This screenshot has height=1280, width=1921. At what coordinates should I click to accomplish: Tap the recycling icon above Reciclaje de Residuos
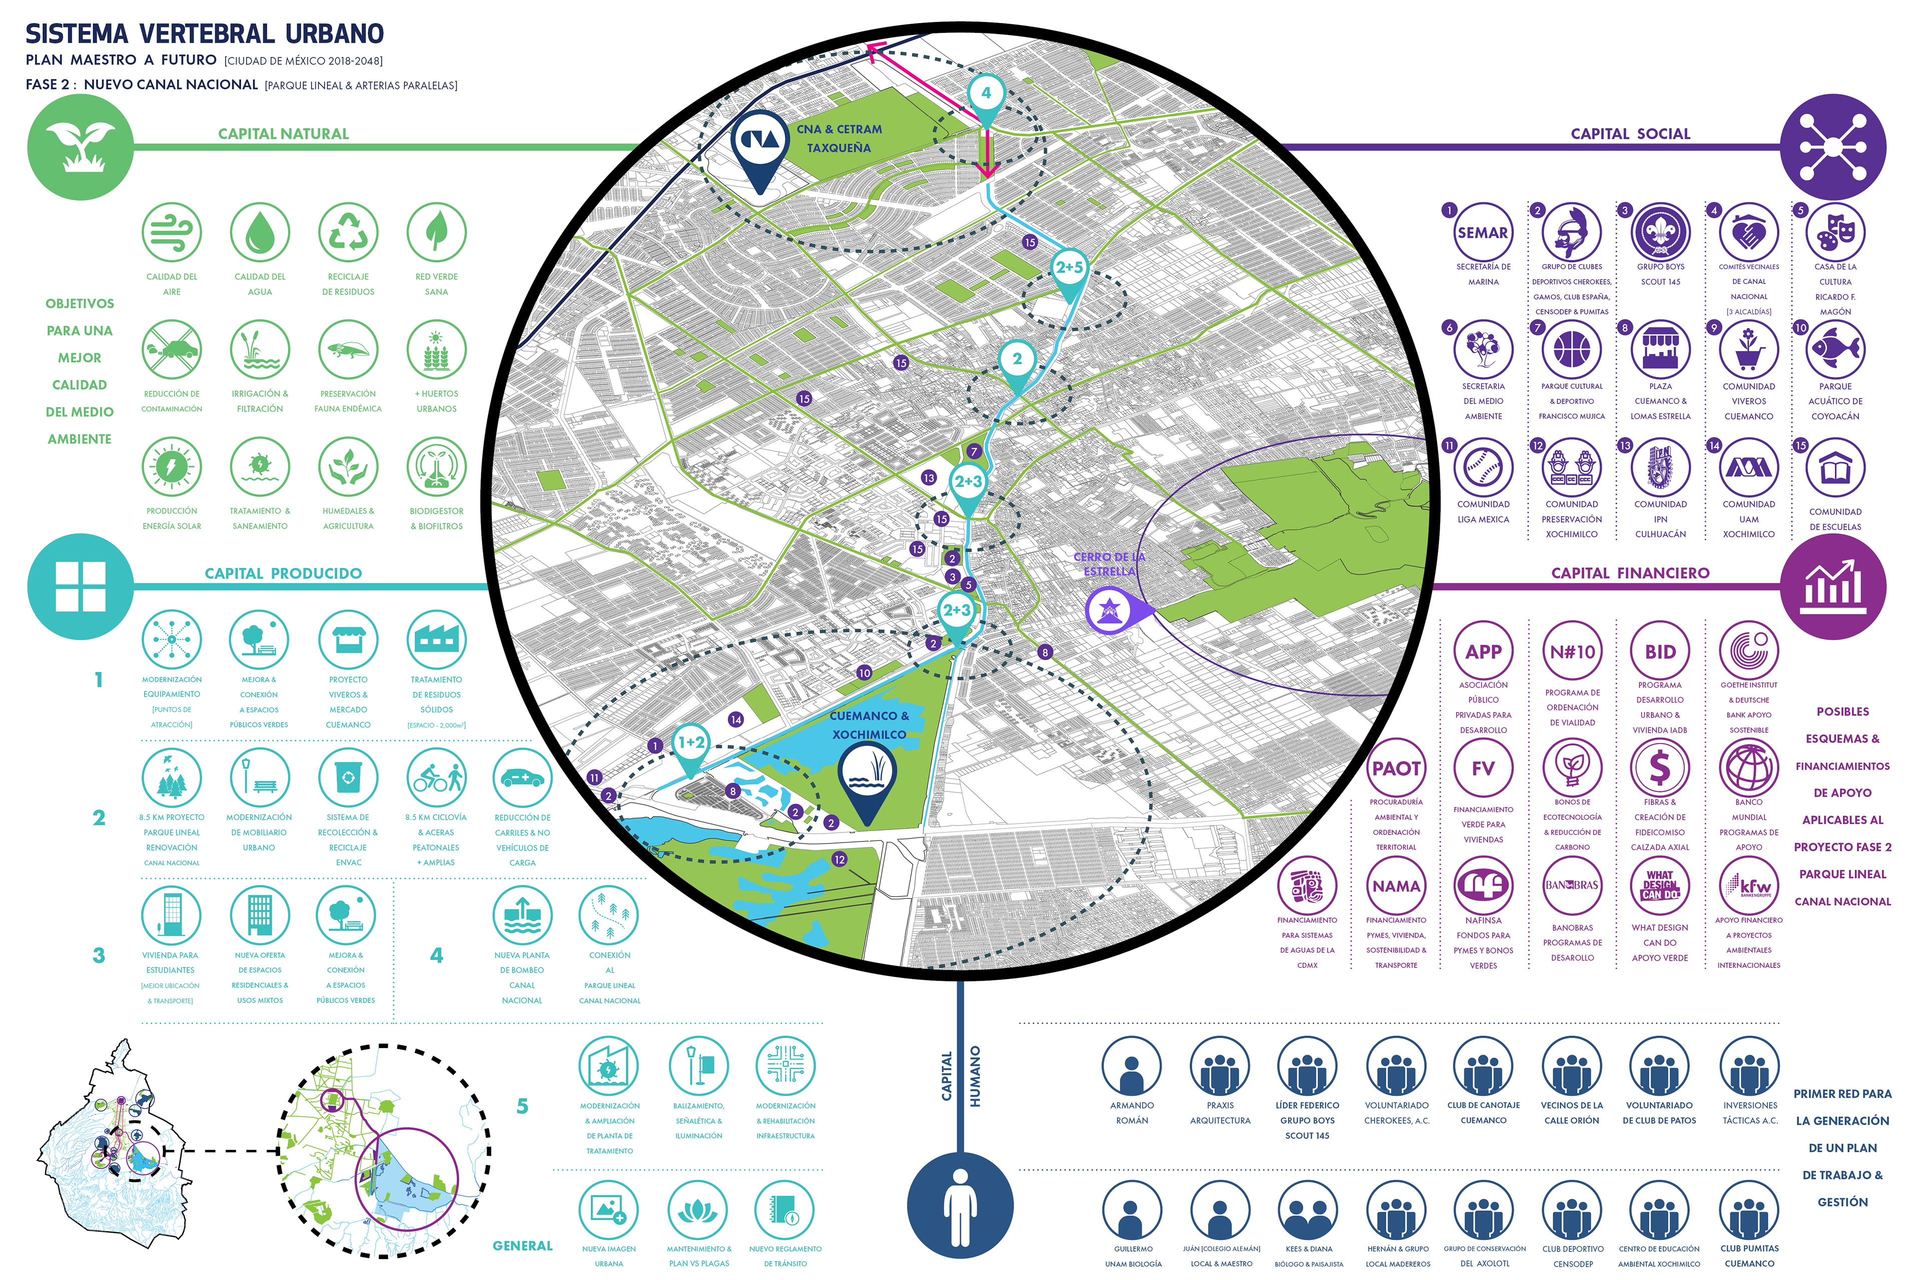click(348, 232)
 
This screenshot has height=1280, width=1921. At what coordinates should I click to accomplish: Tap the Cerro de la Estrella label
click(1109, 564)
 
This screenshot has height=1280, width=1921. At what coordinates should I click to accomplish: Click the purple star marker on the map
click(1109, 610)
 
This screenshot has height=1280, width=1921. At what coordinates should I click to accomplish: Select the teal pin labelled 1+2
click(691, 744)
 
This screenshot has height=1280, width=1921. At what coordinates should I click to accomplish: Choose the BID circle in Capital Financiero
click(1660, 652)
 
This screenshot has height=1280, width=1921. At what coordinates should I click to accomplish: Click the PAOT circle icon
click(1396, 768)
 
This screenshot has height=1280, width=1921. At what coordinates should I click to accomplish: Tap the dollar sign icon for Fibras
click(1660, 768)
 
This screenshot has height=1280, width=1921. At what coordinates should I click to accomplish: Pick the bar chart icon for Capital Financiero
click(1833, 586)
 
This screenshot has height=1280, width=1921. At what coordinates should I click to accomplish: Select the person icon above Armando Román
click(1131, 1066)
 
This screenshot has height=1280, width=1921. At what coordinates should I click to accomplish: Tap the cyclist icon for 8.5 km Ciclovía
click(436, 777)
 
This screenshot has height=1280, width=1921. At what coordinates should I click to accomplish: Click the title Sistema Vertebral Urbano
click(204, 34)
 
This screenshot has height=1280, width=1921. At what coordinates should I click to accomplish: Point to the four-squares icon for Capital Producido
click(80, 586)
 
